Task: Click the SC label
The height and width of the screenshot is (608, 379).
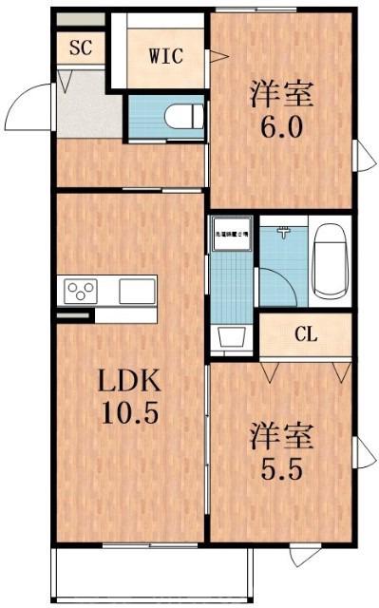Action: [x=80, y=48]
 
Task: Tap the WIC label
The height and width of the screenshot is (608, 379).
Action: [x=165, y=54]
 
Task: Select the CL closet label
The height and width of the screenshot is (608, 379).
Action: [x=305, y=334]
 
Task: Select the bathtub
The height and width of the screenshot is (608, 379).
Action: [x=331, y=259]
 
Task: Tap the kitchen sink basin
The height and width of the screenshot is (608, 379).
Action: [x=137, y=288]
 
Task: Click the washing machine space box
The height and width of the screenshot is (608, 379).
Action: [x=230, y=234]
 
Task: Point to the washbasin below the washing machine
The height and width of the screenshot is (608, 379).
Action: [x=230, y=337]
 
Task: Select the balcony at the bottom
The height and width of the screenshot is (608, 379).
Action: [x=152, y=576]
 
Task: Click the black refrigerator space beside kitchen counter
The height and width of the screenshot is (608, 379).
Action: [x=74, y=313]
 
